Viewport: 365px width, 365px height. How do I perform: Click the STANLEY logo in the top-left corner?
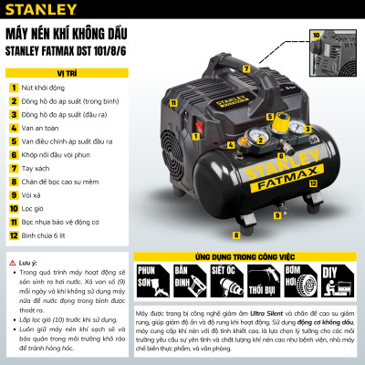[35, 11]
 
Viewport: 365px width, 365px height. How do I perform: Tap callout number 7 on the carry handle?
[245, 68]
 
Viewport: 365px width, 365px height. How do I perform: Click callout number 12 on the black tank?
[312, 183]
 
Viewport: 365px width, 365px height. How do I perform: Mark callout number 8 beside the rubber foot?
[235, 235]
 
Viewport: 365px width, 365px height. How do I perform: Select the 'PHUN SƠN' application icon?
[151, 300]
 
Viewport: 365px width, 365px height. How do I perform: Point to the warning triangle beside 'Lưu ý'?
[11, 259]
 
